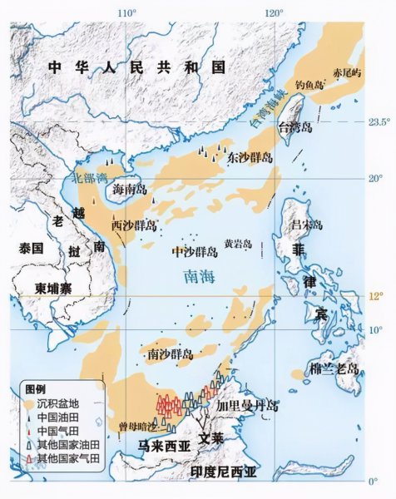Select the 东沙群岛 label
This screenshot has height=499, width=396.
pyautogui.click(x=250, y=157)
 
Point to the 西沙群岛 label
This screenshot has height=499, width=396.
pyautogui.click(x=134, y=225)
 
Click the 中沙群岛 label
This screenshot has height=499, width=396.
pyautogui.click(x=193, y=250)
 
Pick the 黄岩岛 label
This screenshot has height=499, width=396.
pyautogui.click(x=238, y=245)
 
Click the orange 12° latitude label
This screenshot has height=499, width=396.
pyautogui.click(x=376, y=297)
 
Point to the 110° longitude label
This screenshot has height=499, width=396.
pyautogui.click(x=126, y=13)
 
